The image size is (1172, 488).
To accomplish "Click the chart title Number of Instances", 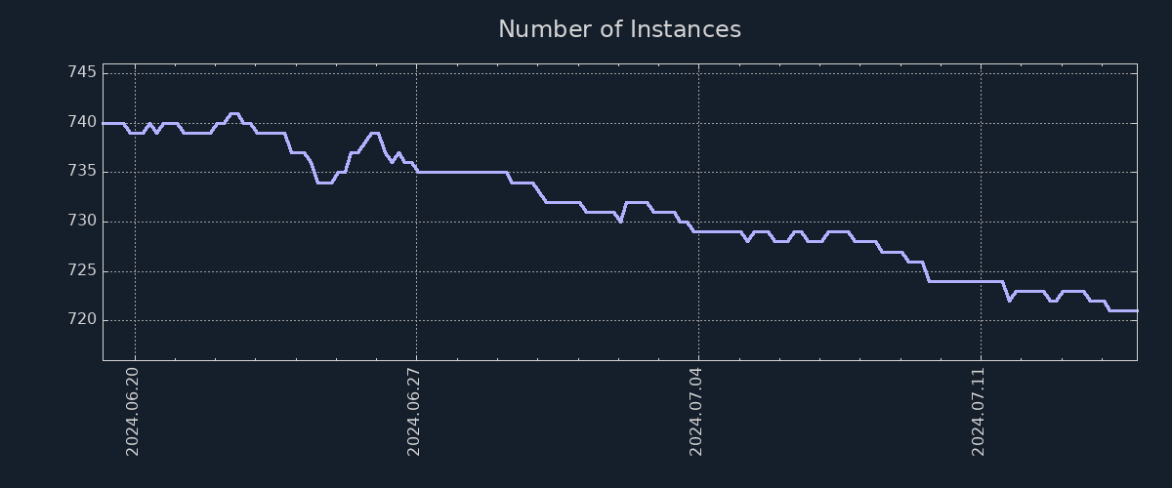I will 619,29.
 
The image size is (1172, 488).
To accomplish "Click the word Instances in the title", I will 685,29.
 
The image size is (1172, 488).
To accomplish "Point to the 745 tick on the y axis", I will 82,73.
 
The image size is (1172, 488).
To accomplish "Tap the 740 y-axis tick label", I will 82,123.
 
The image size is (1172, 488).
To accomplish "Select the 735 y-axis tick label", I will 82,172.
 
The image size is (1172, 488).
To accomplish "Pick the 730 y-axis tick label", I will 82,222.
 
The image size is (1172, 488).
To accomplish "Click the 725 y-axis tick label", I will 82,270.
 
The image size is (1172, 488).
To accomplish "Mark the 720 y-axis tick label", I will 82,320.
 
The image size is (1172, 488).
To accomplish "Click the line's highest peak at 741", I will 233,113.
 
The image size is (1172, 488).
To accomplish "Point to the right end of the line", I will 1137,310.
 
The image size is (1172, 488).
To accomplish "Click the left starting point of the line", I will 104,123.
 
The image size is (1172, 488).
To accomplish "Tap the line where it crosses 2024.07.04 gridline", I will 698,231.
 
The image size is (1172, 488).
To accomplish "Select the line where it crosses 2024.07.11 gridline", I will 981,281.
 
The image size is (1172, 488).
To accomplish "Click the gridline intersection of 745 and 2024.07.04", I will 698,73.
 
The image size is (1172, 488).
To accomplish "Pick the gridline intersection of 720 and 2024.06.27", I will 416,320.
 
